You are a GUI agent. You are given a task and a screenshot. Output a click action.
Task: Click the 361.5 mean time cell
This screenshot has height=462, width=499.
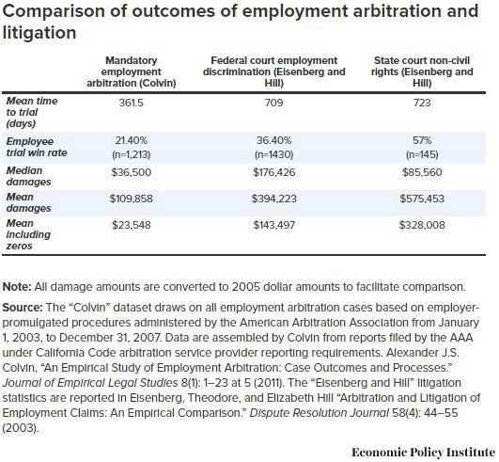[132, 103]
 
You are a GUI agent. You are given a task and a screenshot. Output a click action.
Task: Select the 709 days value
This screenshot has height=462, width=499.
[273, 103]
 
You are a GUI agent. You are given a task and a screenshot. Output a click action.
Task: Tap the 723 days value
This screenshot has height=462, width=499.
[422, 103]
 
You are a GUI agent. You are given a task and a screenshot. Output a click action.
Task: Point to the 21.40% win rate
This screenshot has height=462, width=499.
[132, 140]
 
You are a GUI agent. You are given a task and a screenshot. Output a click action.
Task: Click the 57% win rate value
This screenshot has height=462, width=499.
[422, 140]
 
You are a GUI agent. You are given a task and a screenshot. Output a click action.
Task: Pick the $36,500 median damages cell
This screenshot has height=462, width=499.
[132, 172]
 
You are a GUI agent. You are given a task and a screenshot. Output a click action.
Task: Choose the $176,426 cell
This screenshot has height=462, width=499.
[274, 172]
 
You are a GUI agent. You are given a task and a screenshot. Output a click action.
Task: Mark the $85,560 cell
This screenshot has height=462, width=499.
[422, 172]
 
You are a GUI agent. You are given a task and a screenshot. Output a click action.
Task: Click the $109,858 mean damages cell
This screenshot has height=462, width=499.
[132, 199]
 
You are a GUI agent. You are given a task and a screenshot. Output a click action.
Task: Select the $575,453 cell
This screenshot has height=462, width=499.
[422, 199]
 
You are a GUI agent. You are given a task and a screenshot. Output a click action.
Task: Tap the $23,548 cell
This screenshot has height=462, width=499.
[132, 225]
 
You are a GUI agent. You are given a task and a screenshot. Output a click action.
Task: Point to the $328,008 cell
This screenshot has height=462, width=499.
[422, 225]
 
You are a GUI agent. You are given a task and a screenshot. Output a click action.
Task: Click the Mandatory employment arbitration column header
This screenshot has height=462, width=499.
[132, 72]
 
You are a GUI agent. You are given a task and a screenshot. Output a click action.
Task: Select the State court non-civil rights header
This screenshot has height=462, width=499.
[422, 72]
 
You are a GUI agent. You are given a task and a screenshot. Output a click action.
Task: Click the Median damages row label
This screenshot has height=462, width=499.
[28, 176]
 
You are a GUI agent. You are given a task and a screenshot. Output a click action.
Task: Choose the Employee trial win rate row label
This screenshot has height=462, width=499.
[37, 147]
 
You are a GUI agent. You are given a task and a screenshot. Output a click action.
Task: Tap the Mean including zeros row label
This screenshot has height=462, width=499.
[28, 234]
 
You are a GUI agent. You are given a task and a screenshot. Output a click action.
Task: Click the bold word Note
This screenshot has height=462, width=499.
[17, 287]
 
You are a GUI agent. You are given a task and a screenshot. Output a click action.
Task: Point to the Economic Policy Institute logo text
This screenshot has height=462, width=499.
[424, 453]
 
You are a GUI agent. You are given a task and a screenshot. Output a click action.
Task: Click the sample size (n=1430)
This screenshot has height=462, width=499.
[273, 154]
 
